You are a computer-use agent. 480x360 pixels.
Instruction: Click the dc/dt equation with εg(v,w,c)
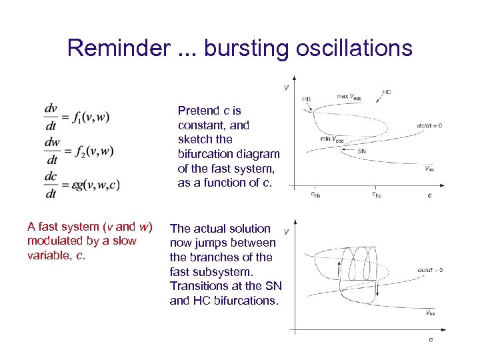[x=82, y=185]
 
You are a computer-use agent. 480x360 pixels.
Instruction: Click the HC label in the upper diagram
[x=387, y=92]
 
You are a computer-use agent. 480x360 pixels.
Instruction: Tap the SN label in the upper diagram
[x=361, y=151]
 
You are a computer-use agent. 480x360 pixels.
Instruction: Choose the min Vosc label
[x=331, y=139]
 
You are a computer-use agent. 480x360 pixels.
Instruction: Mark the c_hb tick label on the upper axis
[x=315, y=195]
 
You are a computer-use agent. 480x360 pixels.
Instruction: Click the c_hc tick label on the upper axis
[x=377, y=195]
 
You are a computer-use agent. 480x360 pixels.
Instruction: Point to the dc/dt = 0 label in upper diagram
[x=429, y=125]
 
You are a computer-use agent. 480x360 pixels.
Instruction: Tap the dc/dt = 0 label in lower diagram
[x=429, y=270]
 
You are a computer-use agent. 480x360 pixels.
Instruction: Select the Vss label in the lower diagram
[x=430, y=312]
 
